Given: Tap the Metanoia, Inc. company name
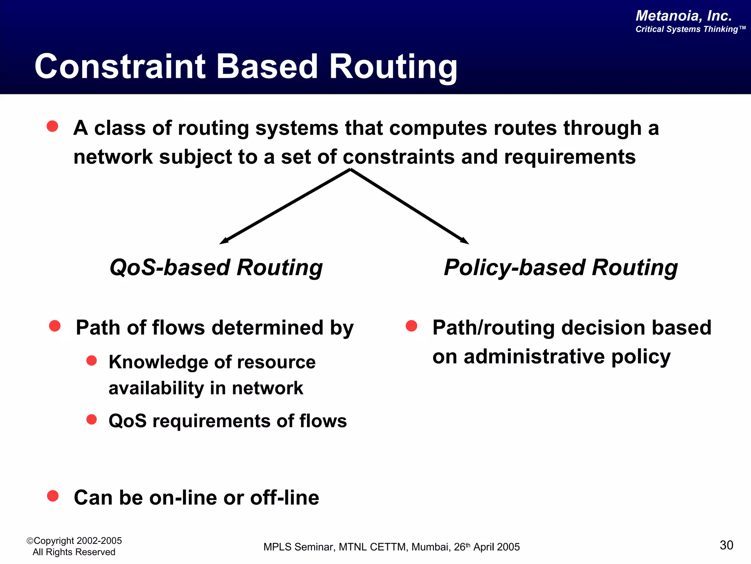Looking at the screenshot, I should point(684,16).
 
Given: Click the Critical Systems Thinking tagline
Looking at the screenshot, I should point(690,29).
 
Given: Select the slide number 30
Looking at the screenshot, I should point(726,545).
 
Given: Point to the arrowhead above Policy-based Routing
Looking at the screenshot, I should point(465,241).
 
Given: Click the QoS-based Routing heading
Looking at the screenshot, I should point(216,267).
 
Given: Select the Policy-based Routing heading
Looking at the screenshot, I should point(561,267).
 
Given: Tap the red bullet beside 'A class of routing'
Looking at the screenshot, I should point(52,126).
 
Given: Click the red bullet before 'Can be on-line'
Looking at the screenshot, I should point(53,496).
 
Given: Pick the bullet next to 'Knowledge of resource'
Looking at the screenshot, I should point(91,361).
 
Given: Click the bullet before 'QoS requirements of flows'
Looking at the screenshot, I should point(91,419).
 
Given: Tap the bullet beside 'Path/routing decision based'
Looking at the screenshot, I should point(411,326).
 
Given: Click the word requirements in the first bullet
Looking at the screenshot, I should point(569,157).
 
